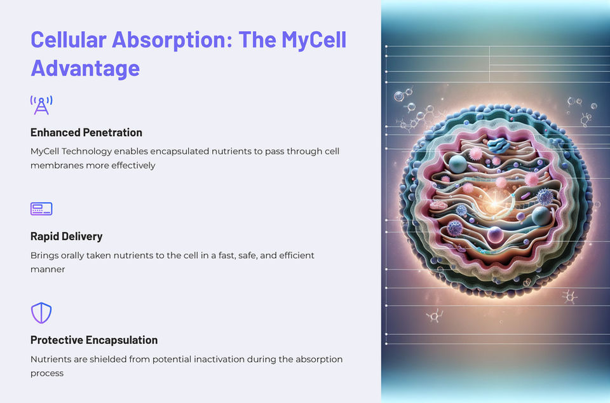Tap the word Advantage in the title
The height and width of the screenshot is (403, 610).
point(85,67)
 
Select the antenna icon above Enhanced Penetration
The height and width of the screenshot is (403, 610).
point(41,106)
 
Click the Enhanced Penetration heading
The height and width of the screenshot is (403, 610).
point(86,132)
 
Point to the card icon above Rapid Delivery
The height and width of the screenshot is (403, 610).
point(41,208)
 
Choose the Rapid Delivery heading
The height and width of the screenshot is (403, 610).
point(66,236)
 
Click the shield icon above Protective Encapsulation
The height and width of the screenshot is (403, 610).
point(41,313)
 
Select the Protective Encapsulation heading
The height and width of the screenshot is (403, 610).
point(94,339)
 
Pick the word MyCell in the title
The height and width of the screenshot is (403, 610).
point(307,39)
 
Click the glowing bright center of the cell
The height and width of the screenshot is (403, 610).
point(497,204)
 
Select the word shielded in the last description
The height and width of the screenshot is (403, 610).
point(105,359)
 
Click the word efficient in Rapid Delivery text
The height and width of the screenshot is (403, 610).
point(294,255)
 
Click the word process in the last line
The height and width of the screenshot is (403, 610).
point(47,373)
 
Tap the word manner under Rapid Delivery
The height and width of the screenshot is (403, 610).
point(48,269)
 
